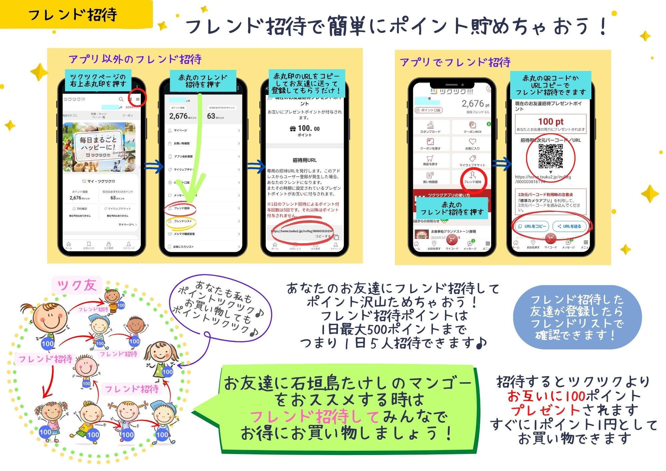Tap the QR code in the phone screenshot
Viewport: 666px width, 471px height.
click(551, 156)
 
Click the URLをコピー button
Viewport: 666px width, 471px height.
click(532, 226)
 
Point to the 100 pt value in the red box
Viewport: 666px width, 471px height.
click(551, 122)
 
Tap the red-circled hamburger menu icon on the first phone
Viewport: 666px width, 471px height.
click(138, 99)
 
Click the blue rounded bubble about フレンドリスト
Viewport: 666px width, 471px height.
click(577, 317)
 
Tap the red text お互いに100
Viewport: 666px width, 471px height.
click(546, 396)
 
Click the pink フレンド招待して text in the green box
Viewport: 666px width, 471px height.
click(314, 416)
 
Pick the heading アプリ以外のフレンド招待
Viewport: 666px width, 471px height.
click(135, 59)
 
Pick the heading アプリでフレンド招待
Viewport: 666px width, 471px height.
click(455, 62)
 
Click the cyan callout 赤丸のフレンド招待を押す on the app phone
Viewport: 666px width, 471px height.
click(452, 208)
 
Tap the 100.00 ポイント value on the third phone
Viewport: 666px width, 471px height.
click(305, 129)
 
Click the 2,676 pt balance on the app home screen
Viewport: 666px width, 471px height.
click(475, 104)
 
